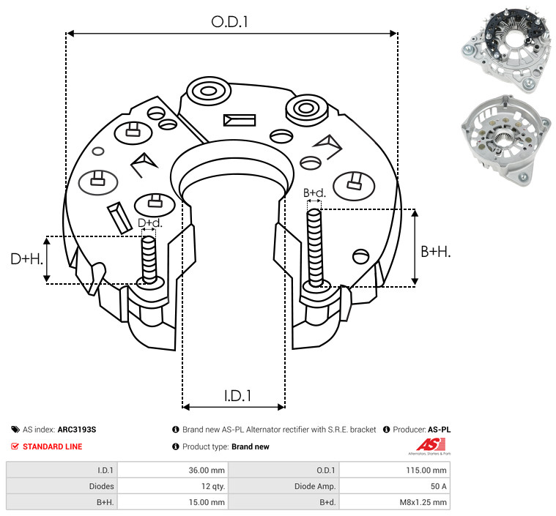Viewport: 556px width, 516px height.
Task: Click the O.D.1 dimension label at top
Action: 229,22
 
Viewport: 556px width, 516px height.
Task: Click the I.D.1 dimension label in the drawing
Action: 237,396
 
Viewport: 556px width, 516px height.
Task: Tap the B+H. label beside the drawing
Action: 436,252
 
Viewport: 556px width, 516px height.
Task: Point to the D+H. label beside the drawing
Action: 27,259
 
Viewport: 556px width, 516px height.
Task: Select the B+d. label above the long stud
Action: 314,192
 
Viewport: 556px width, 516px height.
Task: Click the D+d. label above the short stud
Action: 149,223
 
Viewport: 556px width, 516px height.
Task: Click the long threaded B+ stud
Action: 315,247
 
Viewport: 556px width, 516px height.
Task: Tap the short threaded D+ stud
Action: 149,260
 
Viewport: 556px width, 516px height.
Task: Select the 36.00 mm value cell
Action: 207,471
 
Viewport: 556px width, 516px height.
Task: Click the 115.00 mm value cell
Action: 426,471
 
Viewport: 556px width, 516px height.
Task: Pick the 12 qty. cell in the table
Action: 213,486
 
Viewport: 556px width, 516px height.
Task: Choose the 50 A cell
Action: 438,486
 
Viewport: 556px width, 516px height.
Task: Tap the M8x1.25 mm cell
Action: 423,502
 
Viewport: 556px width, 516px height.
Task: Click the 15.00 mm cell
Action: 207,502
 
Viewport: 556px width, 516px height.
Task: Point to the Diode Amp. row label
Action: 315,486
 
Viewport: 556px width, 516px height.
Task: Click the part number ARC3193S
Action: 77,430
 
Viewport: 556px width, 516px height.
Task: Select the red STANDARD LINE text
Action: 53,446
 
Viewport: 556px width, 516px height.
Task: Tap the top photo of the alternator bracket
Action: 506,51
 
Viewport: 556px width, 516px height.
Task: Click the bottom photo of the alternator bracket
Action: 506,141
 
